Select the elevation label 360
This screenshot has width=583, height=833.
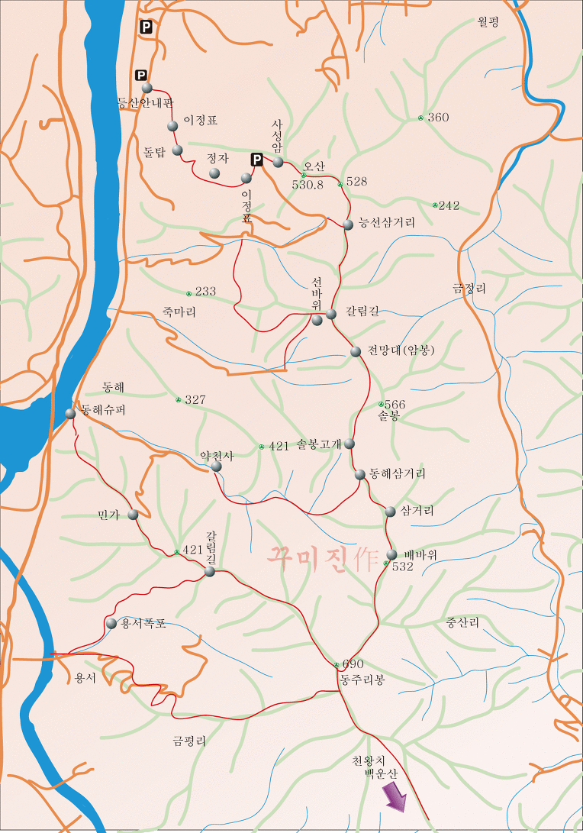click(438, 118)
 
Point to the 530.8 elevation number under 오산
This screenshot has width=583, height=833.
click(308, 185)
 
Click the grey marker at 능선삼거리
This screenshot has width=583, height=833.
click(348, 224)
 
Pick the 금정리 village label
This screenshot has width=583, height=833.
click(469, 288)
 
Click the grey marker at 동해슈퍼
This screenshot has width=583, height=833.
click(70, 413)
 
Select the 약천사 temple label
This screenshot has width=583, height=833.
click(216, 455)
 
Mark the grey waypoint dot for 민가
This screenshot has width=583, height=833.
click(134, 515)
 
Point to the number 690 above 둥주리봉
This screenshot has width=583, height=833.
click(353, 664)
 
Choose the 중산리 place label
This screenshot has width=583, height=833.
click(462, 623)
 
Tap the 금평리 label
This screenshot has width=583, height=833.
click(189, 740)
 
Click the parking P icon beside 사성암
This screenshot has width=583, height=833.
click(257, 160)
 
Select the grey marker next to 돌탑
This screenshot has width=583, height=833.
click(177, 150)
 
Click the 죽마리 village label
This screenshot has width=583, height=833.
click(179, 312)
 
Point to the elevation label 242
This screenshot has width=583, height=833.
click(449, 205)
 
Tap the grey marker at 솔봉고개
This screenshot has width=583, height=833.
click(349, 444)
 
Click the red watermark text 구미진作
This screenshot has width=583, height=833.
click(323, 558)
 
